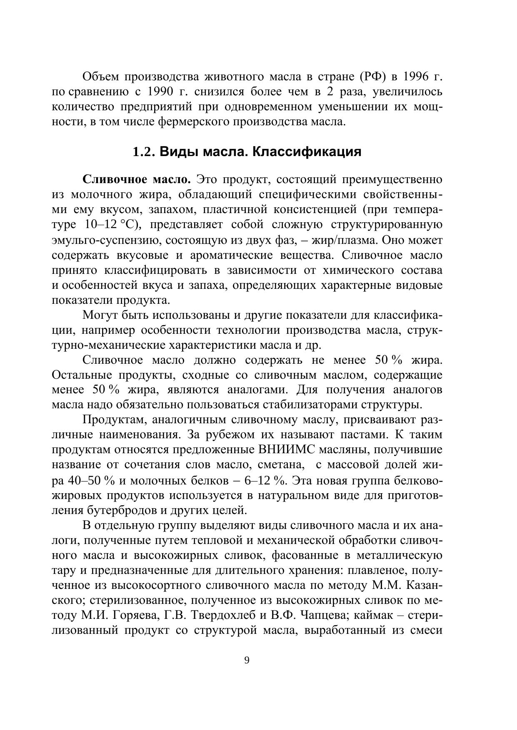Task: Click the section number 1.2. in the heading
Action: [144, 152]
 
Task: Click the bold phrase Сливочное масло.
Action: [137, 179]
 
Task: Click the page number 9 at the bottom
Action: [247, 660]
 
